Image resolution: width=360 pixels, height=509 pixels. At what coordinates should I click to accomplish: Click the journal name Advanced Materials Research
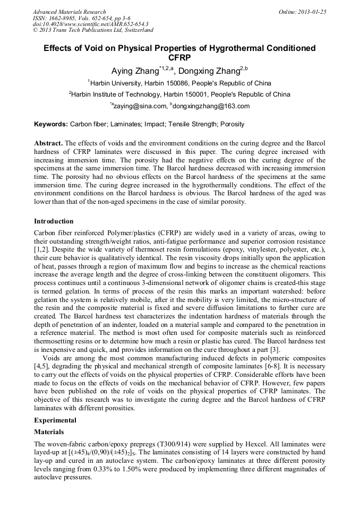click(x=70, y=12)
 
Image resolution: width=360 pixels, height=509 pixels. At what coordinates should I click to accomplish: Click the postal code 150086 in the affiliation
click(x=179, y=83)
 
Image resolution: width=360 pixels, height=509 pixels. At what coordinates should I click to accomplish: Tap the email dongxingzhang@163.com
click(x=211, y=106)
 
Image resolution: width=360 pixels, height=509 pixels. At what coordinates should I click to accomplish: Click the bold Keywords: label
click(x=51, y=125)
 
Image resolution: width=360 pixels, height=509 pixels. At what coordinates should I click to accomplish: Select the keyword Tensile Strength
click(x=189, y=125)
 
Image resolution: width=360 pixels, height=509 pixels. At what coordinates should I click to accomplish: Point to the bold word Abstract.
click(x=48, y=144)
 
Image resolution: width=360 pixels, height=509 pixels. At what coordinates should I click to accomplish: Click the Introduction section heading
click(x=54, y=221)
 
